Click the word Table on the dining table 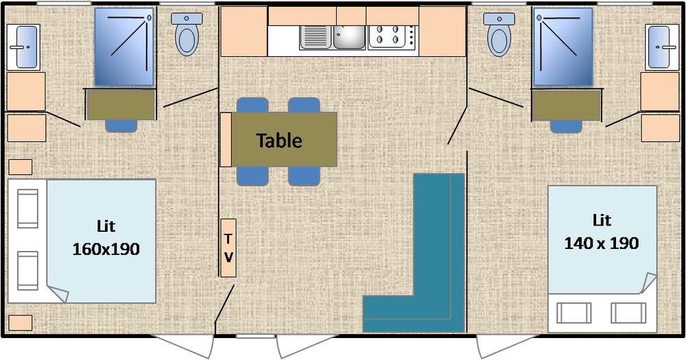[279, 141]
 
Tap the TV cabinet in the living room [228, 248]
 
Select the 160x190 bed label [106, 249]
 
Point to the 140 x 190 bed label [602, 243]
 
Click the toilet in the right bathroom [499, 34]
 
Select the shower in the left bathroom [124, 47]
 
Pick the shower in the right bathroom [563, 47]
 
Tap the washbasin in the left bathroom [23, 47]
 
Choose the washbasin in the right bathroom [661, 47]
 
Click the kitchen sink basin [348, 37]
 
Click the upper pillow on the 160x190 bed [27, 208]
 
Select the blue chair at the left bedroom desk [121, 125]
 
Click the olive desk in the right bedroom [566, 106]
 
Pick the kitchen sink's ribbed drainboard [316, 37]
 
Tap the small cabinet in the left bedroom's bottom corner [21, 322]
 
